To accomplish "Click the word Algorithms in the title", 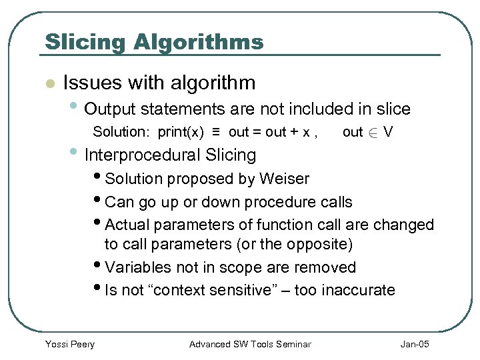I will [x=199, y=43].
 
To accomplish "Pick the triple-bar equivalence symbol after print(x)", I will [x=217, y=131].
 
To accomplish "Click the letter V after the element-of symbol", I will [x=388, y=132].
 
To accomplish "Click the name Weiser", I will [x=284, y=179].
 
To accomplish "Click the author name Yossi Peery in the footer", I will [x=69, y=344].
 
